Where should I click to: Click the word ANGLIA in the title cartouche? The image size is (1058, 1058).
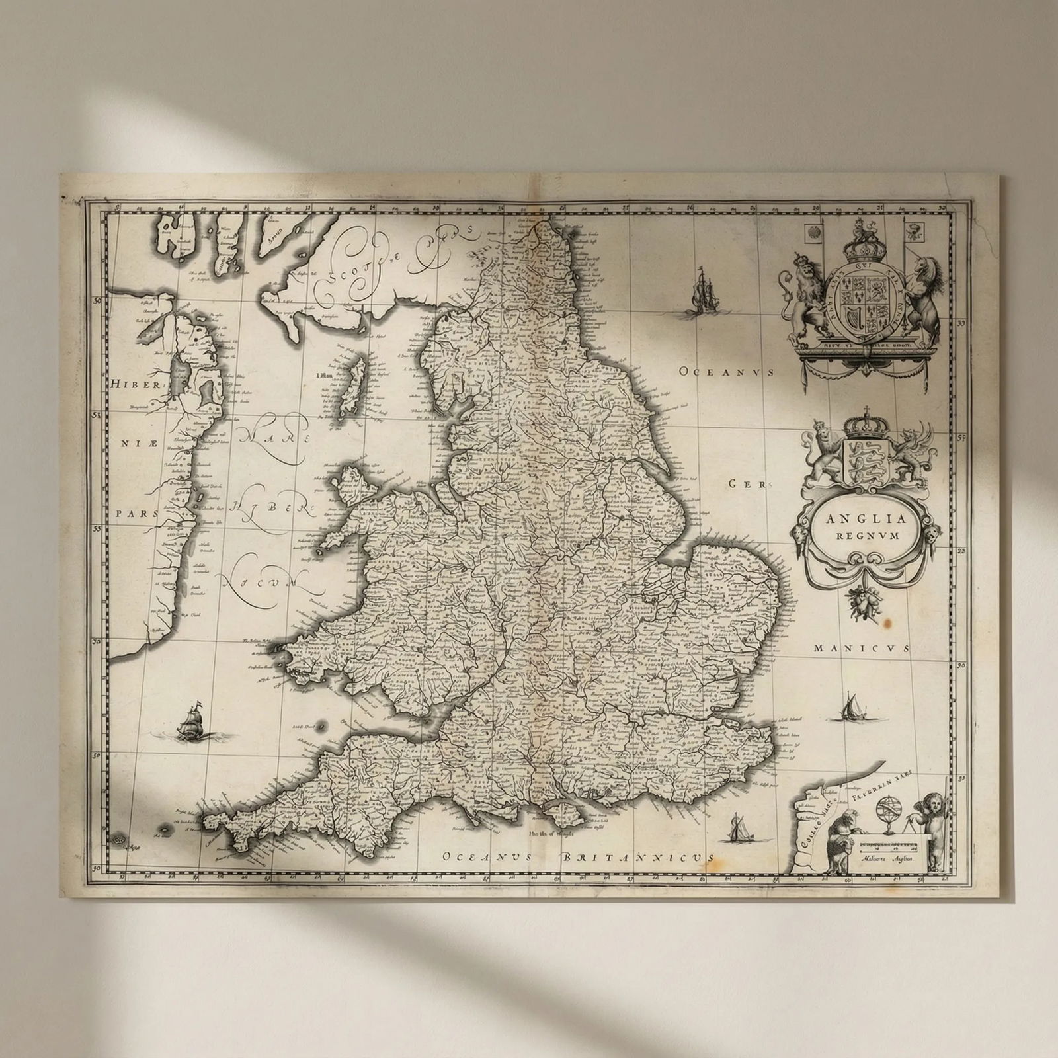858,518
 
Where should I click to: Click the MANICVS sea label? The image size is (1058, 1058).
862,649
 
